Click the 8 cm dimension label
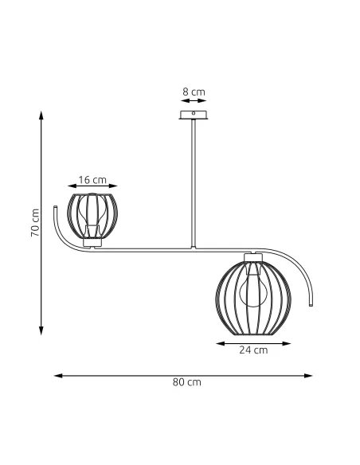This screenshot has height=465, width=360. click(193, 92)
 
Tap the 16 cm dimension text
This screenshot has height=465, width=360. click(92, 180)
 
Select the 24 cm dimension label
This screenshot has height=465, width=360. click(255, 350)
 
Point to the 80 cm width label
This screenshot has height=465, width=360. click(187, 382)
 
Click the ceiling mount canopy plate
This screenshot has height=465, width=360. click(193, 116)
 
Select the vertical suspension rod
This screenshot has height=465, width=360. click(193, 183)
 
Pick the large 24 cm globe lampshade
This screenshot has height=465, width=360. click(254, 295)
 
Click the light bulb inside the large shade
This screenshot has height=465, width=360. click(254, 288)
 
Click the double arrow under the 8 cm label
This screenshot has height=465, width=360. click(193, 102)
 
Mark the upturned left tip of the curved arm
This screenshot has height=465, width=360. click(54, 209)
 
